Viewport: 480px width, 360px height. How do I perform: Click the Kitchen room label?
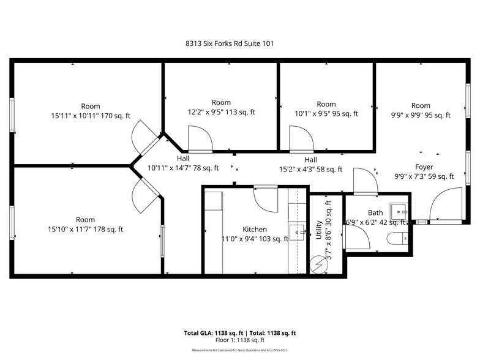[x=254, y=230]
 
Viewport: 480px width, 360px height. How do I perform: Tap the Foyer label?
[x=425, y=167]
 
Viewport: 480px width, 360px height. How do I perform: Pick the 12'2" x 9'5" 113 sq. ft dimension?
[x=221, y=112]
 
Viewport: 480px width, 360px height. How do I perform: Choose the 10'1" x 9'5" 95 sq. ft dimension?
[x=326, y=113]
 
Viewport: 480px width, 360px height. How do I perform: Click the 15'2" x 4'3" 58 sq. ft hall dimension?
[x=310, y=170]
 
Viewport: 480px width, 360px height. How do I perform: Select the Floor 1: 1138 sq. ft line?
[x=240, y=340]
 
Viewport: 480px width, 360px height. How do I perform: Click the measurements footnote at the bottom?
[x=240, y=350]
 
